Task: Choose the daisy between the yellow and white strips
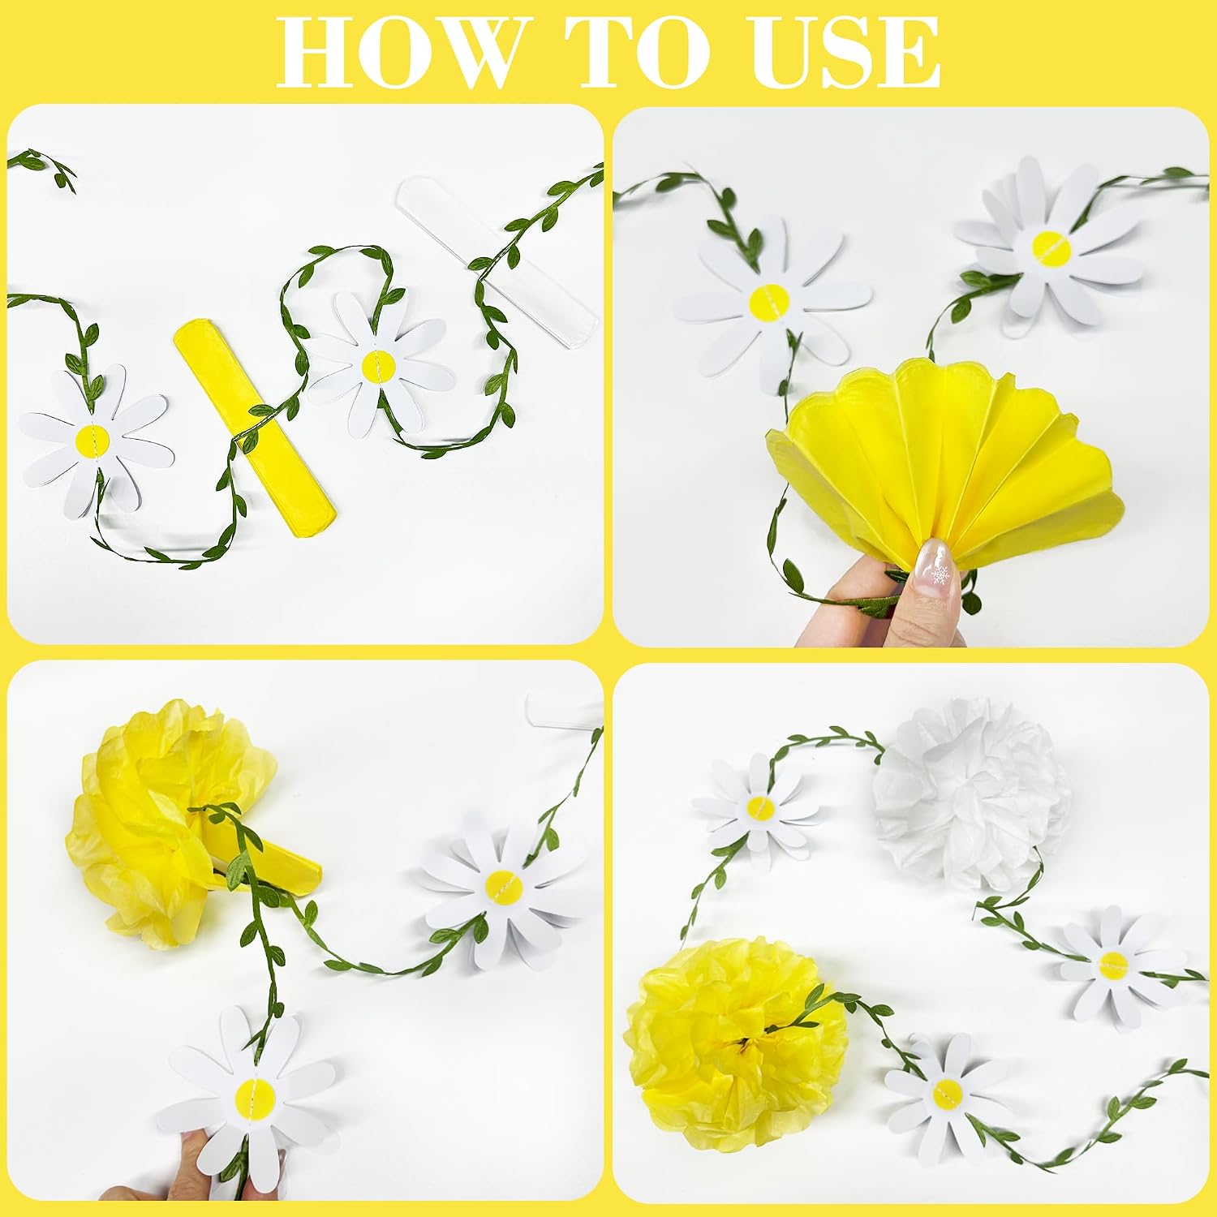tap(379, 365)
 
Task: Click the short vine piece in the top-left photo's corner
tap(45, 166)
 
